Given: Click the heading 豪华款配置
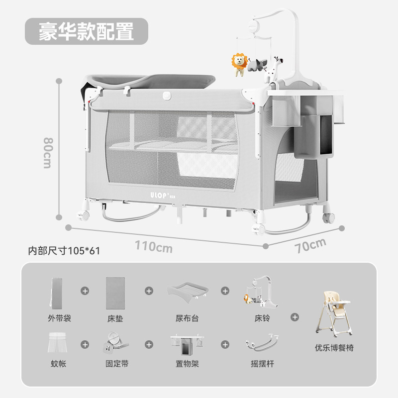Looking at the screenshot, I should (87, 31).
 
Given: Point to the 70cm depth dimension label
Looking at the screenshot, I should (309, 245).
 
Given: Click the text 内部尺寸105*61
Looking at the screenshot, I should (64, 251).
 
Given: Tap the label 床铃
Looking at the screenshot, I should (262, 318).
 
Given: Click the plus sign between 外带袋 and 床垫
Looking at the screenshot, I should (85, 291).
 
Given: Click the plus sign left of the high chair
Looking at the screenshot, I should (295, 316).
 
